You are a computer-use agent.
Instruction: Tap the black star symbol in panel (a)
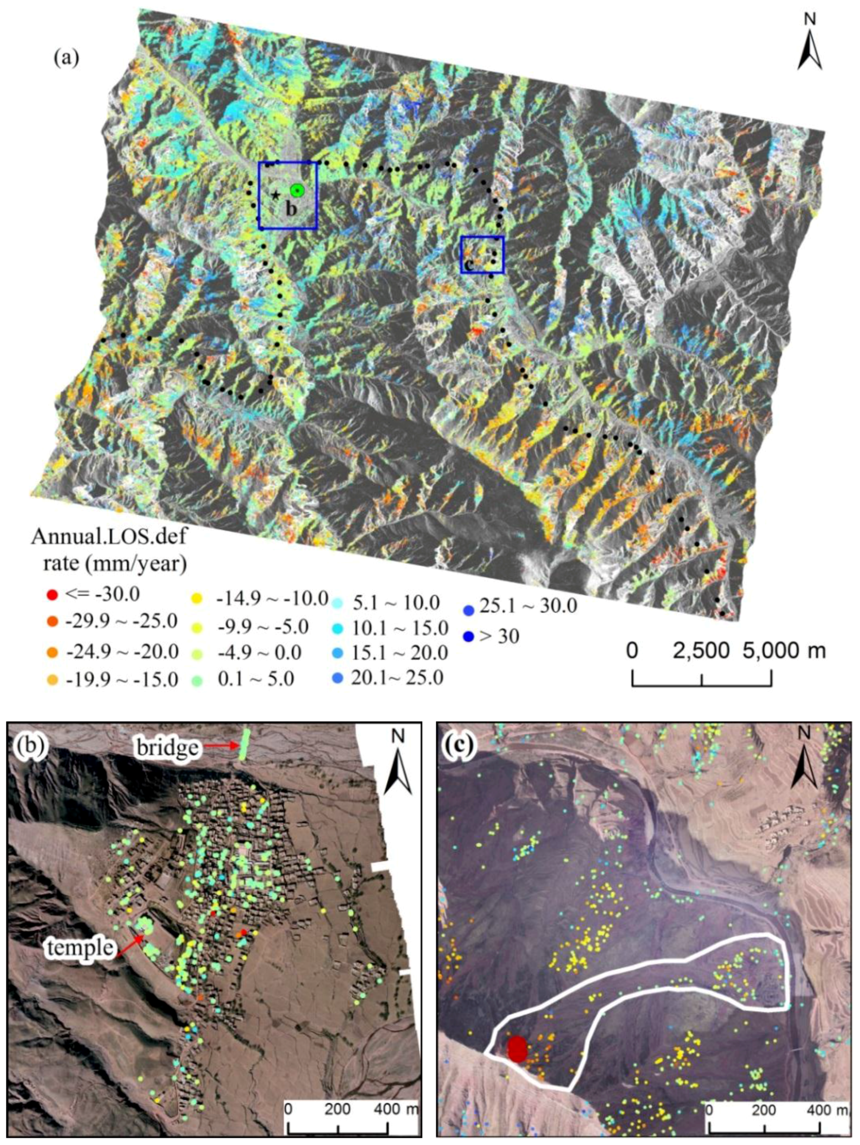tap(276, 195)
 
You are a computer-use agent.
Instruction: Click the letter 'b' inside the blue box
tap(291, 210)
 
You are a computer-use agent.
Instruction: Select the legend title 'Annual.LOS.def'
tap(109, 537)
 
